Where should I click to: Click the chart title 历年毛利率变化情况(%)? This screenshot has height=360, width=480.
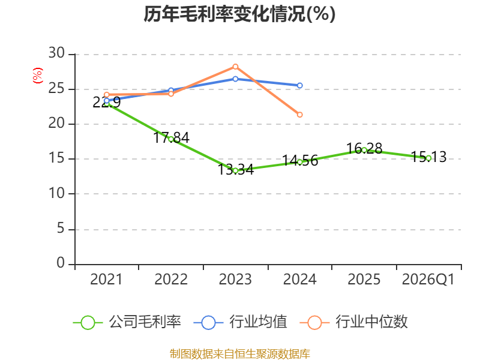239,14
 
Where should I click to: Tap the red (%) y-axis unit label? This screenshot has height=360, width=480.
38,76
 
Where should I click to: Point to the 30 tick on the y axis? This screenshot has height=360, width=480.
56,53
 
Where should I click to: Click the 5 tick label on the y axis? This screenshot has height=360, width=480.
61,229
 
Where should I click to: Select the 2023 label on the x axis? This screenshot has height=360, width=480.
235,280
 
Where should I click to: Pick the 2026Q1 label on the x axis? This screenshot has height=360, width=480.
428,280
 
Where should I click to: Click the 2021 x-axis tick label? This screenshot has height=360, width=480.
106,280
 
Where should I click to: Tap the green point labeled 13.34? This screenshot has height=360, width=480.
235,171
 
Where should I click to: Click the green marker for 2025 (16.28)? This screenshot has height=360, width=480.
364,150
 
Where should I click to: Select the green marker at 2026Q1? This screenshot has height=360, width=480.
428,158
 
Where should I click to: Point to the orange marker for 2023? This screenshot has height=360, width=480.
235,67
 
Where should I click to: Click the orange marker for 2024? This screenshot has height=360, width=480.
299,115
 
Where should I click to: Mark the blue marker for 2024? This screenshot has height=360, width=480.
299,85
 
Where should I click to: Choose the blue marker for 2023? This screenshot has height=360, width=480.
235,79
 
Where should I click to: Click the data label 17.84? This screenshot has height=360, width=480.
171,138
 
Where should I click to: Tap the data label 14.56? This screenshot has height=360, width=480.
300,161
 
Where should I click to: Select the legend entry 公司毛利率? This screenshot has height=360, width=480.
127,322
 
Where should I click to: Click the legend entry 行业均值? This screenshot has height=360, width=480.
241,322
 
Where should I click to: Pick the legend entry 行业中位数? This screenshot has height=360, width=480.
354,322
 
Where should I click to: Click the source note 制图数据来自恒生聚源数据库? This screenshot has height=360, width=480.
239,354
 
